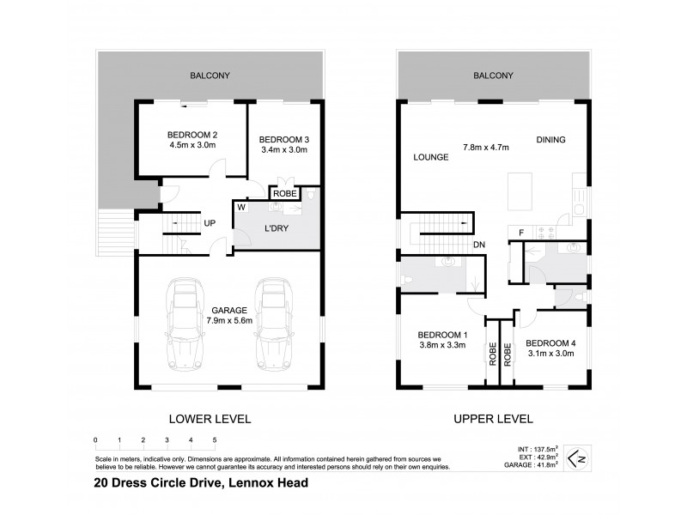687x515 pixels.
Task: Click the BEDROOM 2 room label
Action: click(x=192, y=135)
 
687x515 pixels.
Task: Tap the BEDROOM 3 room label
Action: click(x=283, y=139)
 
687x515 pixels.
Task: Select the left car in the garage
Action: click(x=186, y=318)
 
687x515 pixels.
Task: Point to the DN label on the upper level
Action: click(x=479, y=245)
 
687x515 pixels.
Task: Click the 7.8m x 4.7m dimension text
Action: click(x=485, y=148)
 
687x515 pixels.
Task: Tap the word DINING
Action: click(x=551, y=140)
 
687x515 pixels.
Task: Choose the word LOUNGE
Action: click(x=431, y=157)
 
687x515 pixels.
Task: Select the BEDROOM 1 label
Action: click(x=441, y=335)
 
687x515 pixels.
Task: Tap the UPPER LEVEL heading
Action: click(x=494, y=419)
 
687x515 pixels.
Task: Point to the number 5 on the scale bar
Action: click(x=214, y=440)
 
